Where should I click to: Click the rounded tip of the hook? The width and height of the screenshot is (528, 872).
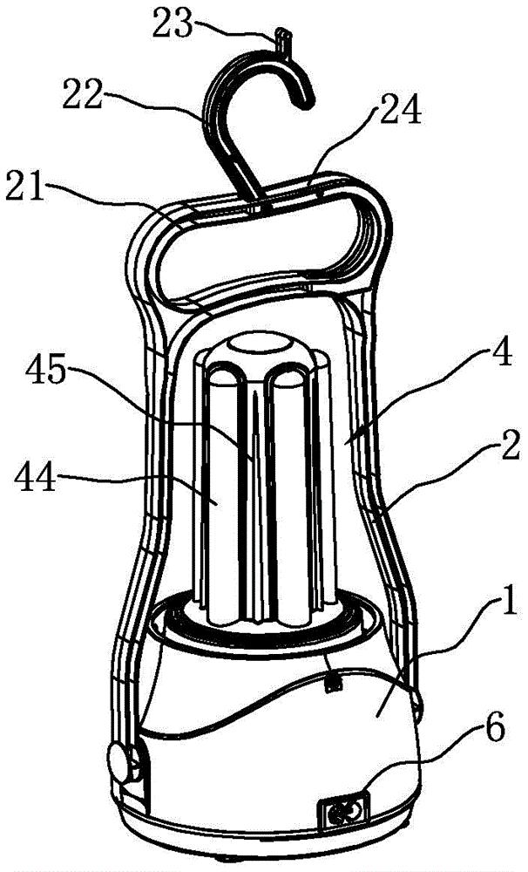(306, 99)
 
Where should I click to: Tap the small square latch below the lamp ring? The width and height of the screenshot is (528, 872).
(333, 684)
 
